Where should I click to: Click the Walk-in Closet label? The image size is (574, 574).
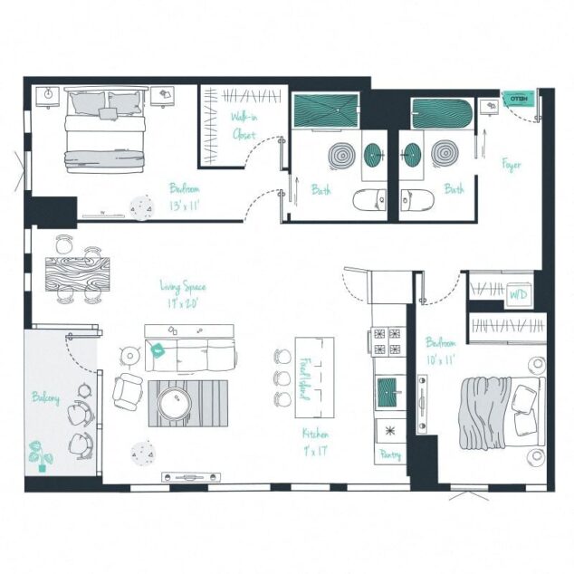tap(243, 126)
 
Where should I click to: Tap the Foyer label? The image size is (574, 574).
tap(512, 165)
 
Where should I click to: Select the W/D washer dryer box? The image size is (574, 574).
tap(518, 293)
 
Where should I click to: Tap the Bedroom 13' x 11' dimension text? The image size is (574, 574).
tap(185, 196)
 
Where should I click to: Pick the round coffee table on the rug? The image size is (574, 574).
tap(174, 403)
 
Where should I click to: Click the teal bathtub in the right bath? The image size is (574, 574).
tap(443, 112)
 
